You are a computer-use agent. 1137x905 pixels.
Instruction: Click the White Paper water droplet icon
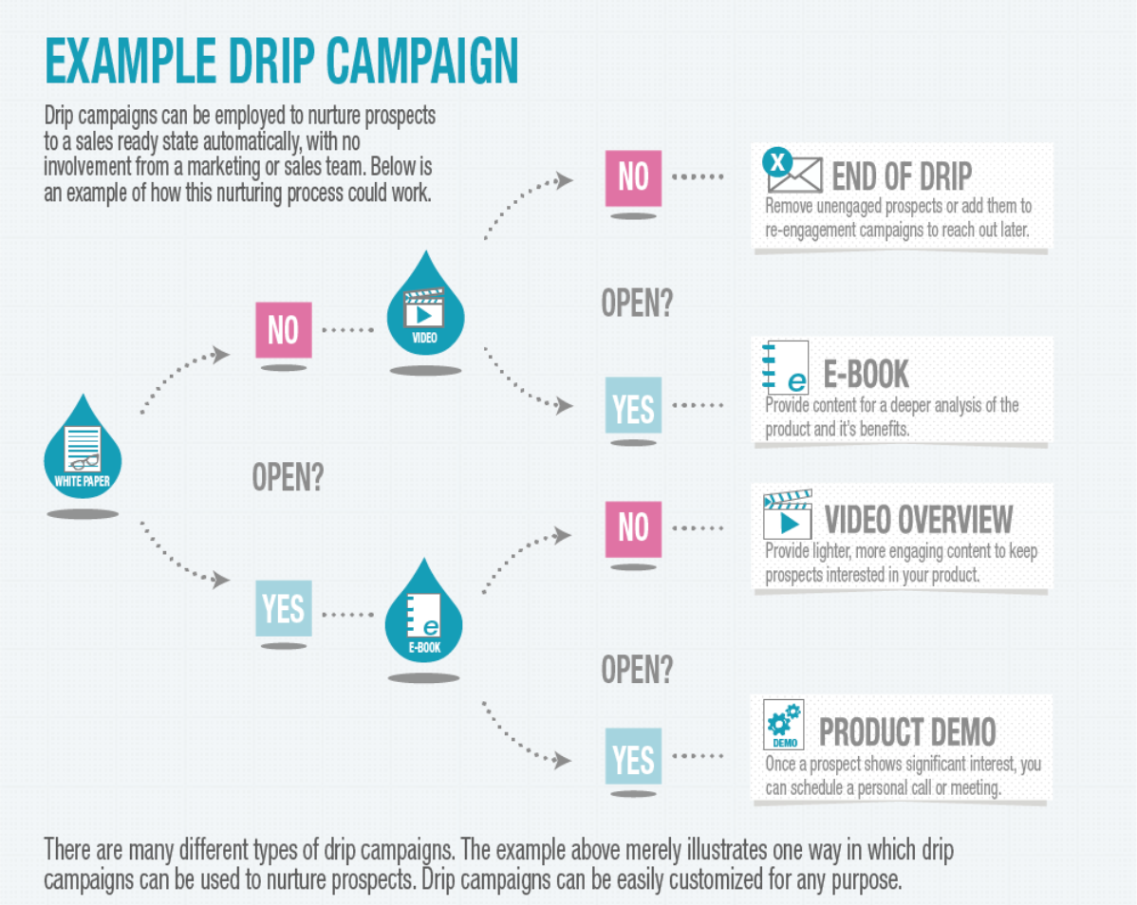coord(83,451)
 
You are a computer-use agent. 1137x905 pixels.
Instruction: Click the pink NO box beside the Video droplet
coord(283,329)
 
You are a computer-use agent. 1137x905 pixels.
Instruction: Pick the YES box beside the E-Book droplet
coord(283,608)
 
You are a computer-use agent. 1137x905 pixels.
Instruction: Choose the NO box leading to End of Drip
coord(633,177)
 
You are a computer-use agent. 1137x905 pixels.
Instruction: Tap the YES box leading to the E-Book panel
coord(633,407)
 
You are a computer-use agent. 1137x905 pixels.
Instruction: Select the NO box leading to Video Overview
coord(633,527)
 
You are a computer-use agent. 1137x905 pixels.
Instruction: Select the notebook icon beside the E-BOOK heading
coord(786,368)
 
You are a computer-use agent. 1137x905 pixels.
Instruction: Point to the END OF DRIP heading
coord(902,177)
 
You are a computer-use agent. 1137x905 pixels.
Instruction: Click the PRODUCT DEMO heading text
coord(907,732)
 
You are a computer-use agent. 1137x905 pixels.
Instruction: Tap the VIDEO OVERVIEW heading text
coord(919,520)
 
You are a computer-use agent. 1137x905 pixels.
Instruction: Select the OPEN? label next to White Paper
coord(288,477)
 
